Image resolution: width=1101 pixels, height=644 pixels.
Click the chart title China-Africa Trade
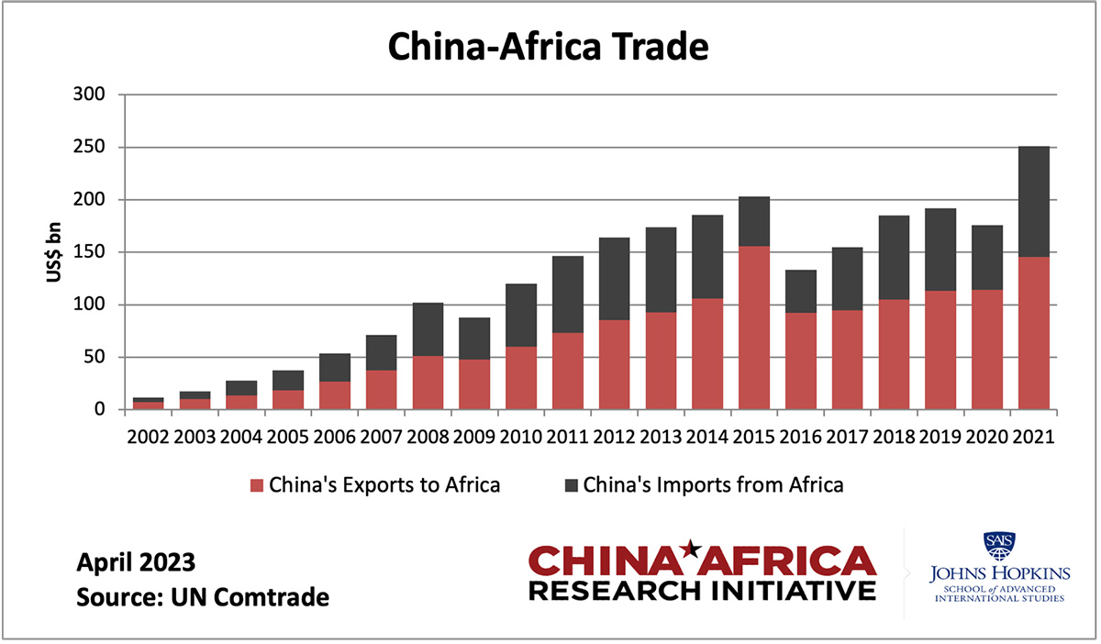548,46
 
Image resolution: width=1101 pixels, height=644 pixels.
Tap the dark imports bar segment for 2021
1034,202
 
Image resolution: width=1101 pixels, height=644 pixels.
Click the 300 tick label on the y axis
90,94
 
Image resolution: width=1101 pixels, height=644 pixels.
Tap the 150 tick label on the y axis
90,252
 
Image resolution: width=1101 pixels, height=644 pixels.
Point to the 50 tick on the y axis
95,357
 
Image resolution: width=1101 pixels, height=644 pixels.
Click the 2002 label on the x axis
149,436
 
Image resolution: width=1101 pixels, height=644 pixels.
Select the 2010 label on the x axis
521,436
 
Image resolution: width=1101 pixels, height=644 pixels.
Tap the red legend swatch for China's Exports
256,485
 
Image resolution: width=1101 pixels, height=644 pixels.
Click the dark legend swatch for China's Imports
570,485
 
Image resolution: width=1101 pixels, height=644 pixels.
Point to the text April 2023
137,562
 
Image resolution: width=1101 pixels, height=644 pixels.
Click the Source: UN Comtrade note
203,598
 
